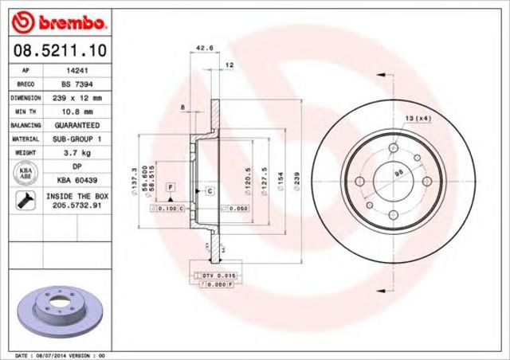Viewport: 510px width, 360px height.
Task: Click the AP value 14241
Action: pyautogui.click(x=76, y=70)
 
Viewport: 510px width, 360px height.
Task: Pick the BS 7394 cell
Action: pyautogui.click(x=76, y=84)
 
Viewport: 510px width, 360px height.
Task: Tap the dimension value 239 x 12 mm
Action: pyautogui.click(x=76, y=97)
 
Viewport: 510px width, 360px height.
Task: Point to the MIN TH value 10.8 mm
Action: pyautogui.click(x=76, y=112)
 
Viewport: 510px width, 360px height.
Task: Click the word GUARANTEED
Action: pyautogui.click(x=76, y=125)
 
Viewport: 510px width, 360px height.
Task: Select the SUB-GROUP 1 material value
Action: pyautogui.click(x=76, y=139)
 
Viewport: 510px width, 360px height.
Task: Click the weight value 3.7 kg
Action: pyautogui.click(x=76, y=153)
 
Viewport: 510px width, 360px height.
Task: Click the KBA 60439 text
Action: pyautogui.click(x=76, y=181)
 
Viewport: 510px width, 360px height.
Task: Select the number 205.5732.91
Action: pyautogui.click(x=76, y=206)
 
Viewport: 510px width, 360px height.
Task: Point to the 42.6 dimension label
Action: pyautogui.click(x=203, y=48)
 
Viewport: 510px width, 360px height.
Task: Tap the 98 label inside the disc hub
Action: pyautogui.click(x=398, y=173)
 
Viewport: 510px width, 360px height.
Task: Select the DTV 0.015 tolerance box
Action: pyautogui.click(x=214, y=275)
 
